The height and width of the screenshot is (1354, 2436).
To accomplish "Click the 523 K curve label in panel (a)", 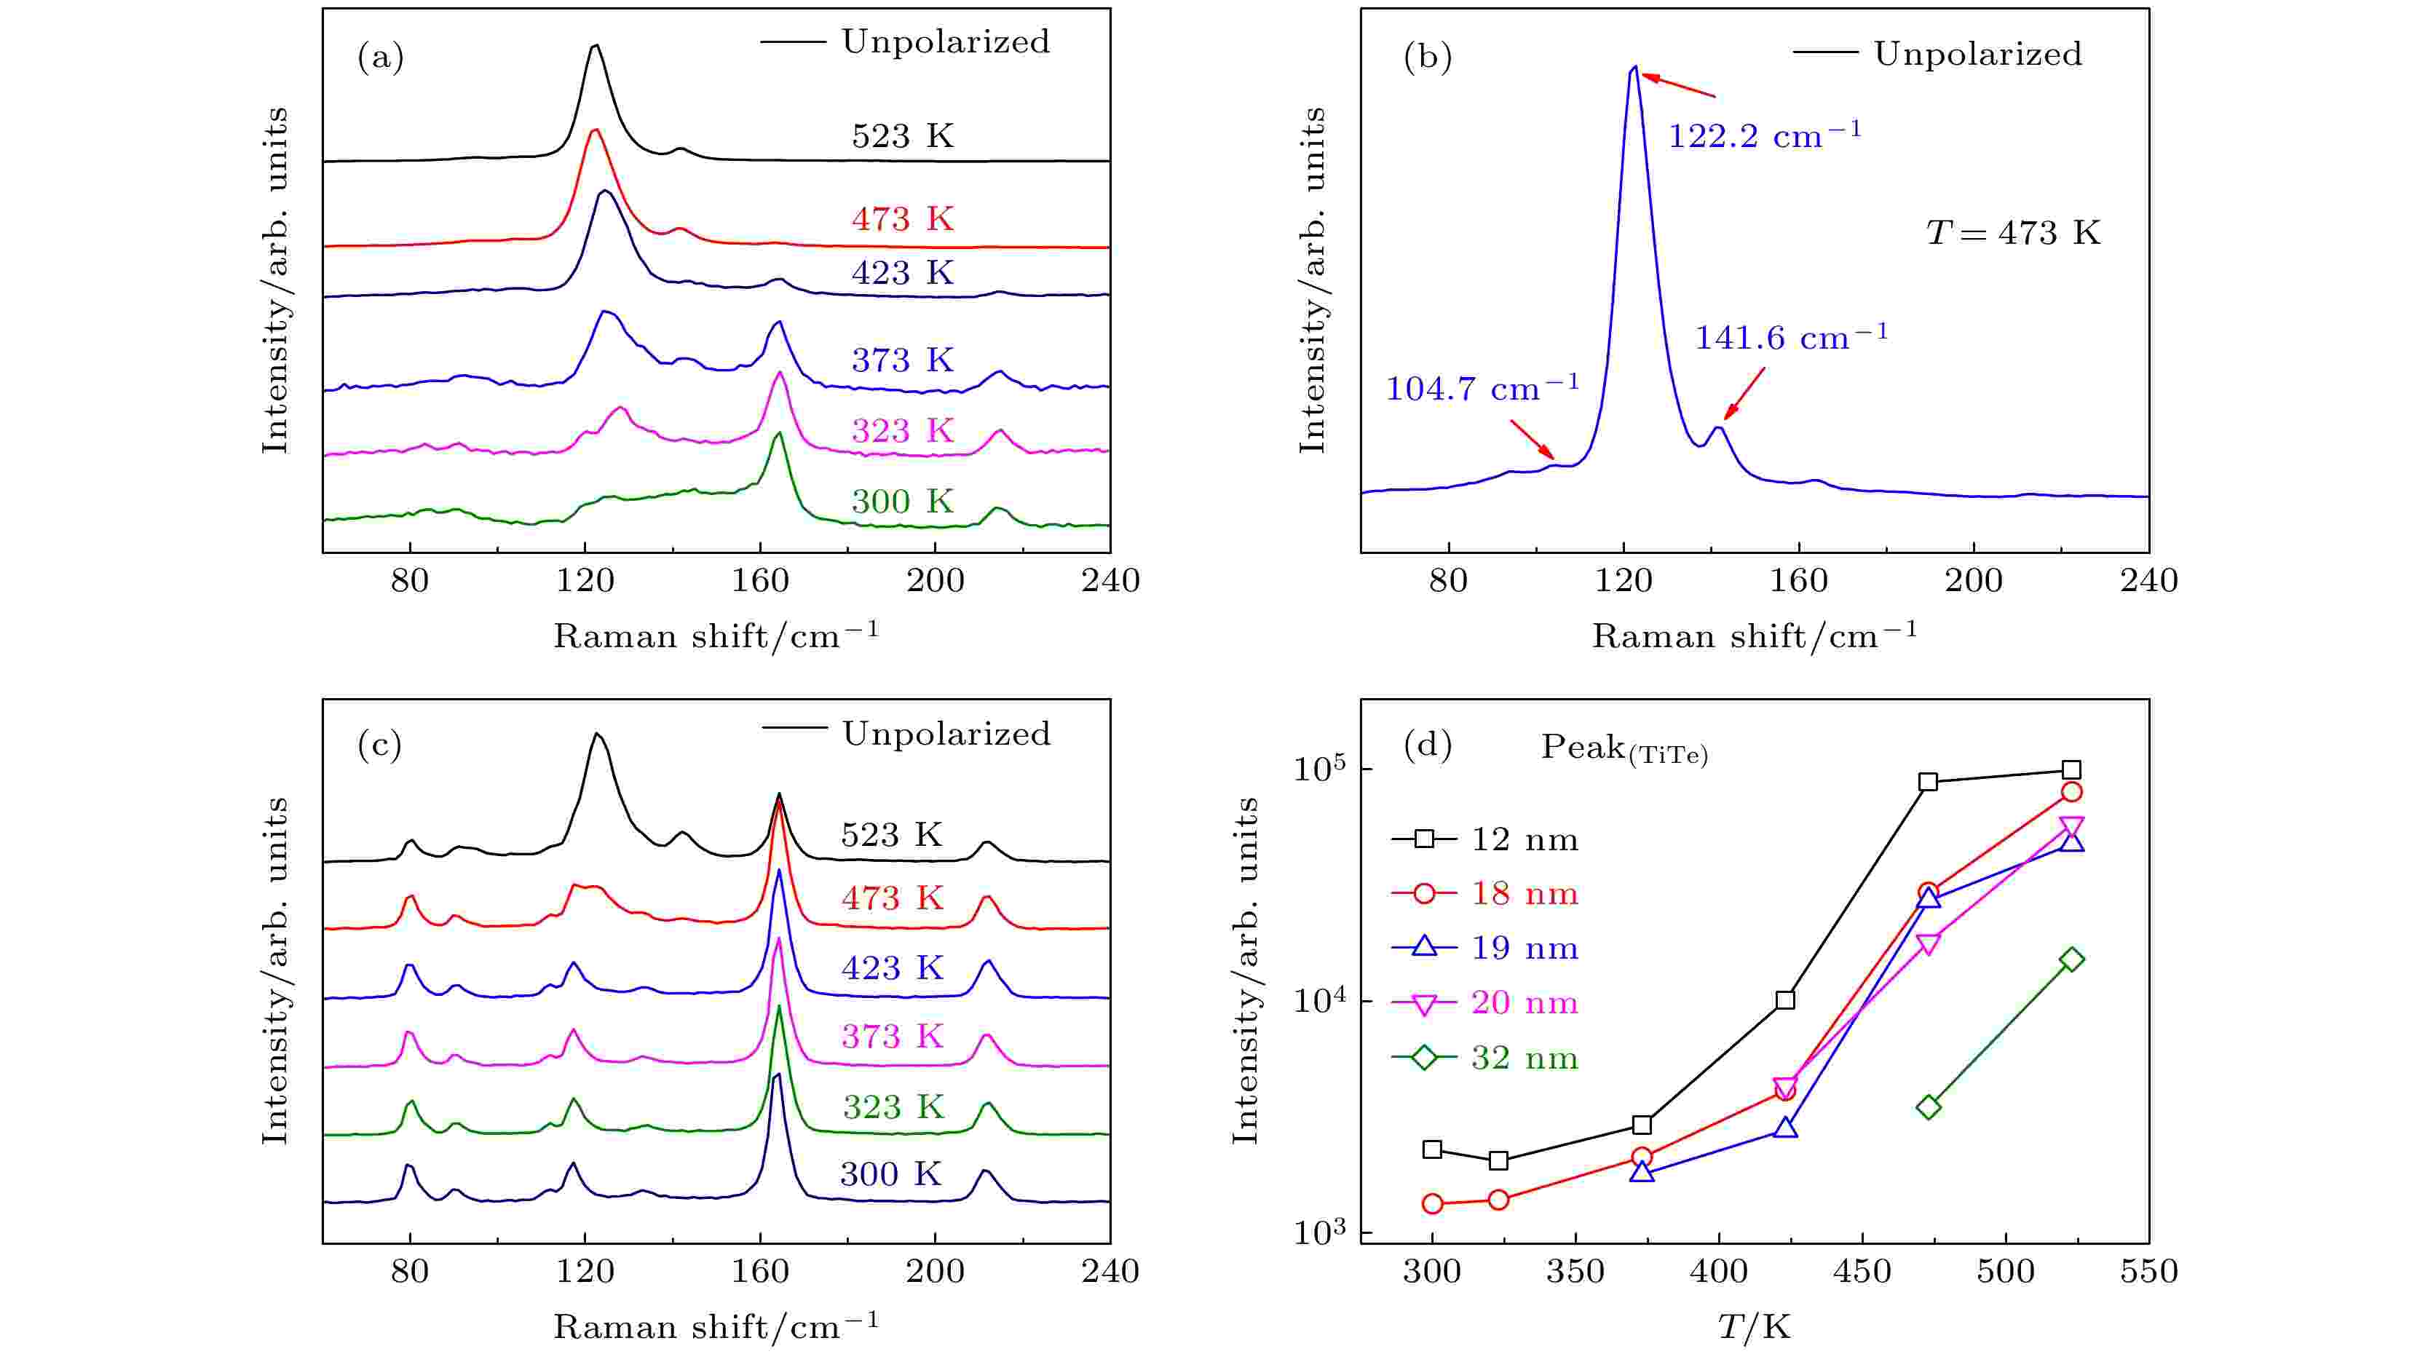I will (x=902, y=136).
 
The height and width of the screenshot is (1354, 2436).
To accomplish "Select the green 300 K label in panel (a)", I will (x=902, y=501).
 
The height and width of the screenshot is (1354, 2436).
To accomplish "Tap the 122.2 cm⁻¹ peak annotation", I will (x=1763, y=135).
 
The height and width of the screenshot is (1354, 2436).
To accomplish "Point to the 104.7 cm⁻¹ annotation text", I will (x=1482, y=388).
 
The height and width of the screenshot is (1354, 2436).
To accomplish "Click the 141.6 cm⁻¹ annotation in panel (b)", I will (x=1790, y=336).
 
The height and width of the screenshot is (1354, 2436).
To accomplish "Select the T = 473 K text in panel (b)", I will (x=2013, y=233).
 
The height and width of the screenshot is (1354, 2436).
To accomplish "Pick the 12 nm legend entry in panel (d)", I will (x=1524, y=839).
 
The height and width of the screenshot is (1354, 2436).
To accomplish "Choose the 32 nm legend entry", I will (x=1524, y=1058).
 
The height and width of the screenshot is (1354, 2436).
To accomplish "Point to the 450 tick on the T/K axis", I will (x=1861, y=1271).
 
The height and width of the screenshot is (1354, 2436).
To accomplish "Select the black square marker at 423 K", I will (x=1785, y=1000).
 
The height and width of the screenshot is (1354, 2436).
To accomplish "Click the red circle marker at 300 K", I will (x=1433, y=1203).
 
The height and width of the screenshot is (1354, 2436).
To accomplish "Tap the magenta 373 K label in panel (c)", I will (x=892, y=1037).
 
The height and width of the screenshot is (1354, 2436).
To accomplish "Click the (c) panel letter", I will (x=380, y=746).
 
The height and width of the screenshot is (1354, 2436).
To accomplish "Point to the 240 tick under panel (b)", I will (x=2148, y=581).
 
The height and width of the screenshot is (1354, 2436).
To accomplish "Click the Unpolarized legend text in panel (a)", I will (x=946, y=41).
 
